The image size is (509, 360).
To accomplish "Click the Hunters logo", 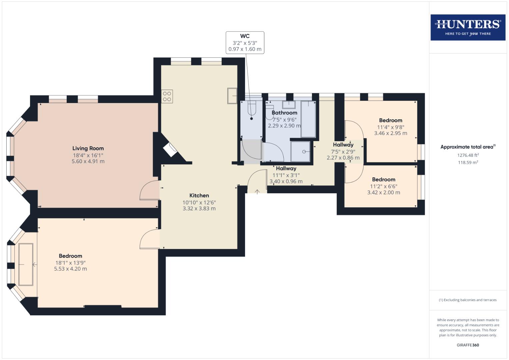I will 468,27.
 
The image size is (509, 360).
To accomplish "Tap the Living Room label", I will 88,148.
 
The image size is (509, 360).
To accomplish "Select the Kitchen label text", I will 199,196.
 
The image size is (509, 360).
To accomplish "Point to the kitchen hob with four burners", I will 167,97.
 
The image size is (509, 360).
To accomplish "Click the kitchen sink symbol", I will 232,96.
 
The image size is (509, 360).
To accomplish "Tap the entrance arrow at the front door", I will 257,191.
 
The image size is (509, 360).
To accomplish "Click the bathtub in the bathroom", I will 308,119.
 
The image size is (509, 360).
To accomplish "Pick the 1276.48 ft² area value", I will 468,155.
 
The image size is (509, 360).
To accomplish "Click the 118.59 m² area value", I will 468,163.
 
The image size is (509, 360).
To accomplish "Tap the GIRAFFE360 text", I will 468,345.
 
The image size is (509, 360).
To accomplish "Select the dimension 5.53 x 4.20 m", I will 70,269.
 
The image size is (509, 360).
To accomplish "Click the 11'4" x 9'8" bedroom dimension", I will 391,127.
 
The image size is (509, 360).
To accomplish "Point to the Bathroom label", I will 284,113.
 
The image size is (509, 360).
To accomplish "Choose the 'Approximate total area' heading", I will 467,147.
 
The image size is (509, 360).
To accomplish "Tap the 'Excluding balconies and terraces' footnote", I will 468,300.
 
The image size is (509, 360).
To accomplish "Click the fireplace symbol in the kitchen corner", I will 171,150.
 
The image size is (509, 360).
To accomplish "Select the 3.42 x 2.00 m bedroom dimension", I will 384,192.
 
